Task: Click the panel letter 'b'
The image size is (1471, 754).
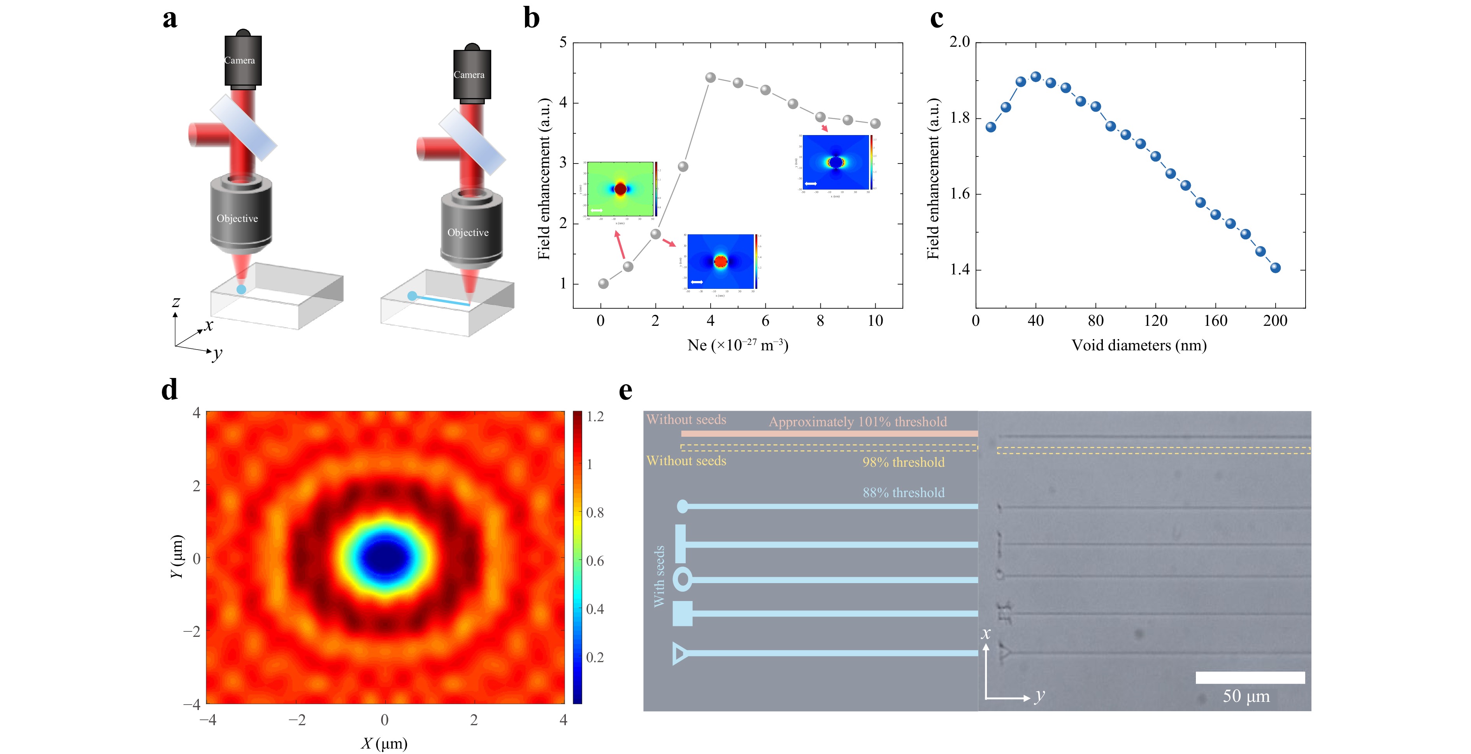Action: [531, 18]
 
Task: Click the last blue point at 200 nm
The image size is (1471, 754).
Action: [1275, 268]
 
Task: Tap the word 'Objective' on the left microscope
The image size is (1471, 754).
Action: [237, 219]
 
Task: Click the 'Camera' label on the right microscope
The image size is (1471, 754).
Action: [469, 75]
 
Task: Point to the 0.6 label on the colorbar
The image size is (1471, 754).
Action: [595, 561]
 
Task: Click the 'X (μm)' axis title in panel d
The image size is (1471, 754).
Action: [384, 743]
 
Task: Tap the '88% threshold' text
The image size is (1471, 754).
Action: [903, 492]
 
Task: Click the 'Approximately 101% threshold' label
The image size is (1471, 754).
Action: [857, 422]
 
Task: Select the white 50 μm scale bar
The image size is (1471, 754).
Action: [1250, 677]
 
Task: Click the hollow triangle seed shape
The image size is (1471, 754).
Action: [679, 653]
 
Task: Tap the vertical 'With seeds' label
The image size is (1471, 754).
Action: [660, 576]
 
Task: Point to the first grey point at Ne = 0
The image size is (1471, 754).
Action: [603, 283]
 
